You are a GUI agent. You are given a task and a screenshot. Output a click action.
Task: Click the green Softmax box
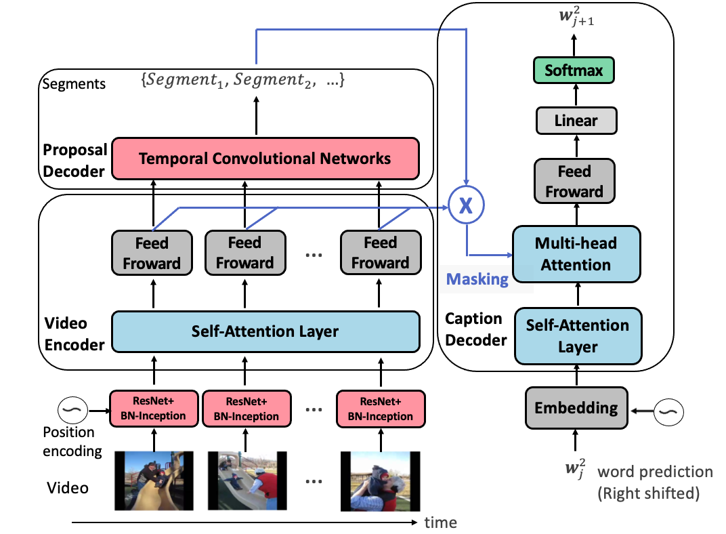click(574, 70)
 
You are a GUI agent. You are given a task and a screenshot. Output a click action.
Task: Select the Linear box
click(576, 121)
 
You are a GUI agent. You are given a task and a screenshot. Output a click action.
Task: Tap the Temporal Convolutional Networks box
click(265, 159)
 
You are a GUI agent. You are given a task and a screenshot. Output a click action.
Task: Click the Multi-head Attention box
click(576, 253)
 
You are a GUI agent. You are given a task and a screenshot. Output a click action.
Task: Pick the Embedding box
click(576, 408)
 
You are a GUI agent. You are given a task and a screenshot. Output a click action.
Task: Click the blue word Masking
click(477, 279)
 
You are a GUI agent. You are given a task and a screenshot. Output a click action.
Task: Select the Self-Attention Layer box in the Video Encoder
click(265, 331)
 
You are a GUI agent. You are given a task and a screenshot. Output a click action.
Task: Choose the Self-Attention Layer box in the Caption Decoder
click(578, 336)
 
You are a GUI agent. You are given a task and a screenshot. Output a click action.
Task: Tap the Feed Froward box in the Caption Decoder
click(574, 182)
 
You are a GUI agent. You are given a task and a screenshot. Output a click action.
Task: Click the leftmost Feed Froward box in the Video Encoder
click(152, 253)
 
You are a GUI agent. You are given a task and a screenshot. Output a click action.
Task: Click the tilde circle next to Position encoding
click(73, 409)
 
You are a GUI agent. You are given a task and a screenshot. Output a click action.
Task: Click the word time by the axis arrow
click(440, 522)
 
